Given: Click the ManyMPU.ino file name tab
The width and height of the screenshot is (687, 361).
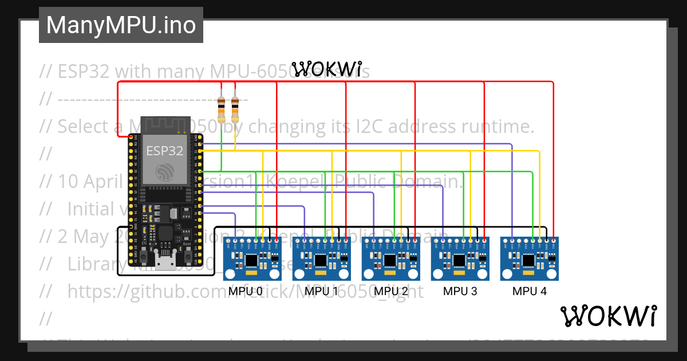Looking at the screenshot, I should [x=121, y=25].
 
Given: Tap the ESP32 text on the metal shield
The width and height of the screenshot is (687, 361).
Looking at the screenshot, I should [x=164, y=151].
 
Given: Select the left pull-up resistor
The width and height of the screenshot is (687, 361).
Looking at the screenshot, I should [x=222, y=107].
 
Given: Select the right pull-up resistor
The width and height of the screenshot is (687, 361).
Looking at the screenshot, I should [x=235, y=107].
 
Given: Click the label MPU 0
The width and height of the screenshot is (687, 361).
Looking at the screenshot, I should [x=246, y=291].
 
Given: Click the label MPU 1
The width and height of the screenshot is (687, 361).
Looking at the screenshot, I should [x=321, y=291].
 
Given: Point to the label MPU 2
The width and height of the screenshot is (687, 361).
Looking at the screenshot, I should [x=391, y=291].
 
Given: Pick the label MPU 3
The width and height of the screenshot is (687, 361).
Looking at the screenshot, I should [x=460, y=291].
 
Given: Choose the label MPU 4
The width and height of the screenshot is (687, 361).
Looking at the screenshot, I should [x=529, y=291].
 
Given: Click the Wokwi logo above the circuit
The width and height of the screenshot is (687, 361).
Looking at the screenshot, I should [x=326, y=69].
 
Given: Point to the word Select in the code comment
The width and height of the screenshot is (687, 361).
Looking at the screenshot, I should [x=83, y=126].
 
